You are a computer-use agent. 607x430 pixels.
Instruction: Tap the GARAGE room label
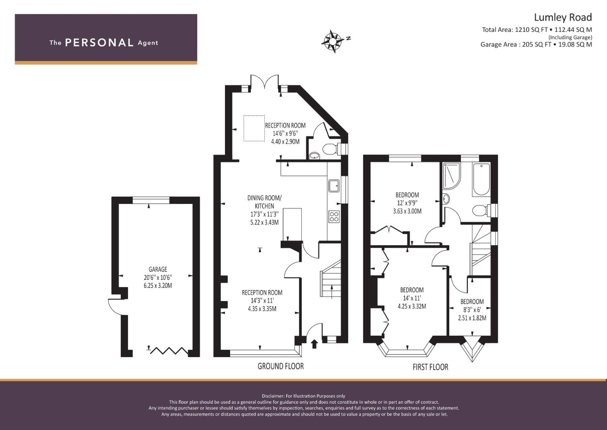[x=158, y=269]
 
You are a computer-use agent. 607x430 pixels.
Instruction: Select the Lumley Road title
[x=563, y=18]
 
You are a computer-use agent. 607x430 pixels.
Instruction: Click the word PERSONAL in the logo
[x=99, y=43]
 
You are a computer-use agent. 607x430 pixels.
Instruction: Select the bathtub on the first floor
[x=481, y=180]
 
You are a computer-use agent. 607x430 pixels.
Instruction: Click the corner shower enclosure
[x=452, y=175]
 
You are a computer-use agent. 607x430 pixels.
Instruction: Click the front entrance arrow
[x=314, y=344]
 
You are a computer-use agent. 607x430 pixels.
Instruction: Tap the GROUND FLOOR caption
[x=281, y=366]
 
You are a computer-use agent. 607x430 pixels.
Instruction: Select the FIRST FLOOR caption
[x=431, y=367]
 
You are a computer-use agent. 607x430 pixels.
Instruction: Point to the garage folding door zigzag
[x=169, y=351]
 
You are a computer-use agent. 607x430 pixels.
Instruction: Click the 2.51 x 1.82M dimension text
[x=472, y=318]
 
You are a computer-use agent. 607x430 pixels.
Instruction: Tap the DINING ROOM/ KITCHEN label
[x=264, y=202]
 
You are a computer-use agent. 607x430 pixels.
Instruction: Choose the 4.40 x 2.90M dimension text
[x=285, y=141]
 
